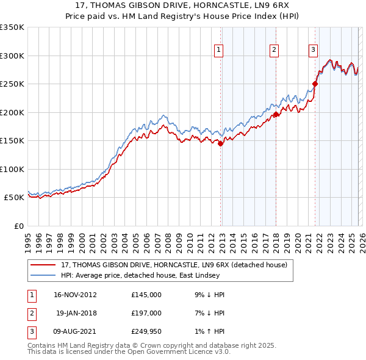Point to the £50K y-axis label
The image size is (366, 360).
(13, 198)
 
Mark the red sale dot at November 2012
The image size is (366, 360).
(221, 144)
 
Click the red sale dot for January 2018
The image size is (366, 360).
(276, 114)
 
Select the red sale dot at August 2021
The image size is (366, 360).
(315, 84)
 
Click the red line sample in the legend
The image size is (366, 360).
(43, 265)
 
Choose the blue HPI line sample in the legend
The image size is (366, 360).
(43, 275)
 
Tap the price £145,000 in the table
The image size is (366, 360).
(146, 294)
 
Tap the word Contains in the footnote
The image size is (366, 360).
(43, 345)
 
